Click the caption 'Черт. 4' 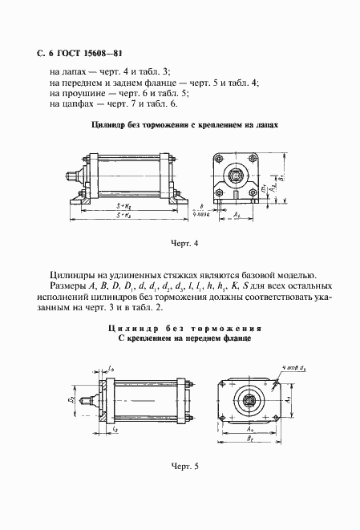pos(184,242)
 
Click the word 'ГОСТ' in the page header pos(65,55)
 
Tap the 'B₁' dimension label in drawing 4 pos(281,176)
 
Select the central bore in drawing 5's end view pos(248,398)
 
